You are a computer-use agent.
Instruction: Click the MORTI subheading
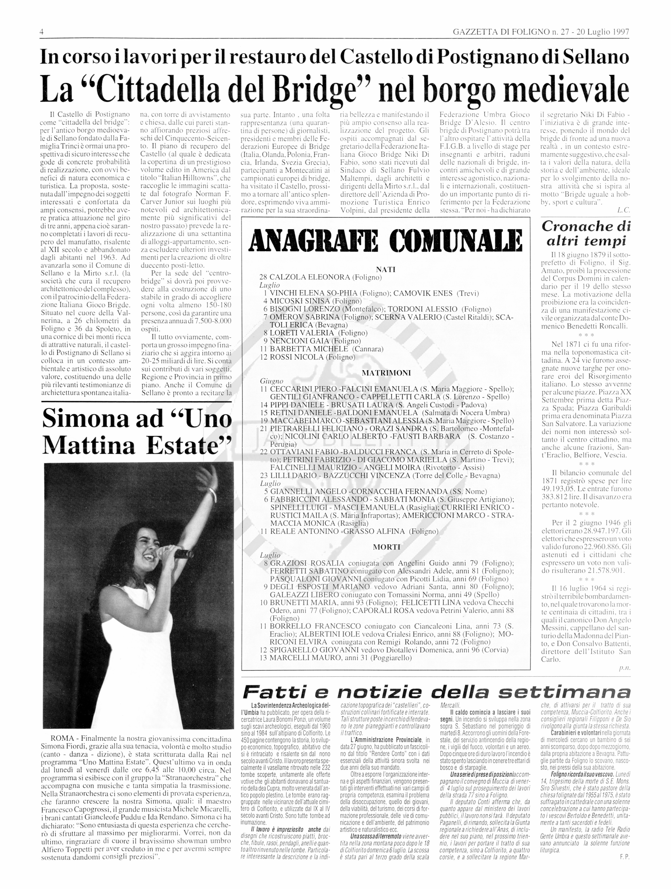(x=386, y=547)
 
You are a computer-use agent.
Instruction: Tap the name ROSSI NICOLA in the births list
(x=297, y=357)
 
